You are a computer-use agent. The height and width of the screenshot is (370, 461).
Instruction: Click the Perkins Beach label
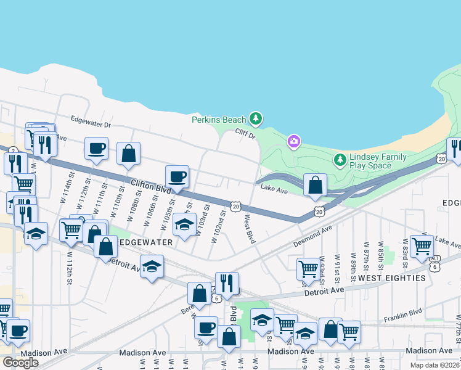point(219,119)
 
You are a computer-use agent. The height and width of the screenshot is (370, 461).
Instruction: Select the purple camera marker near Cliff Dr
point(293,142)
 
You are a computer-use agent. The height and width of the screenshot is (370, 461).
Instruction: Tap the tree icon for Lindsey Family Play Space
point(340,161)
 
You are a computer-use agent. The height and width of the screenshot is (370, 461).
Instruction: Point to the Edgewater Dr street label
point(90,121)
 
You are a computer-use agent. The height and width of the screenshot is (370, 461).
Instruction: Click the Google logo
point(20,363)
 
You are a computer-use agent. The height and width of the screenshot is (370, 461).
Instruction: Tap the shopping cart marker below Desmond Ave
point(308,269)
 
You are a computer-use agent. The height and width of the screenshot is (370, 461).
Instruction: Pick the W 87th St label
point(367,253)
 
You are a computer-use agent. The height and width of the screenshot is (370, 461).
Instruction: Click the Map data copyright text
point(436,365)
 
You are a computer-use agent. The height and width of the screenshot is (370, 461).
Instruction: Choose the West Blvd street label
point(250,228)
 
